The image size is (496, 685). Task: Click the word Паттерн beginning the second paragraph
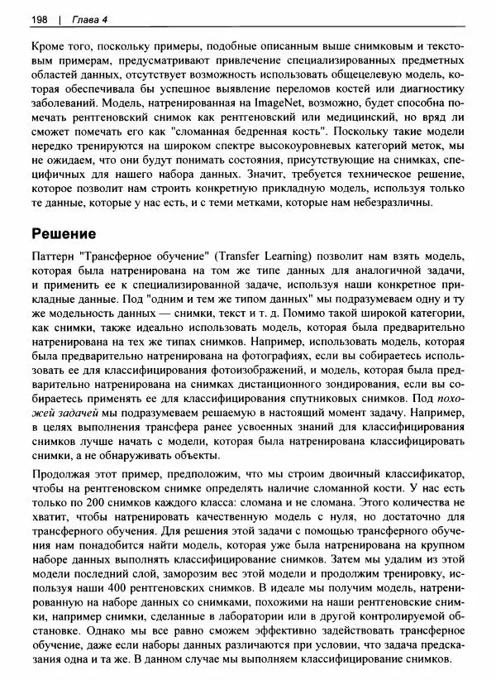(55, 256)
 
